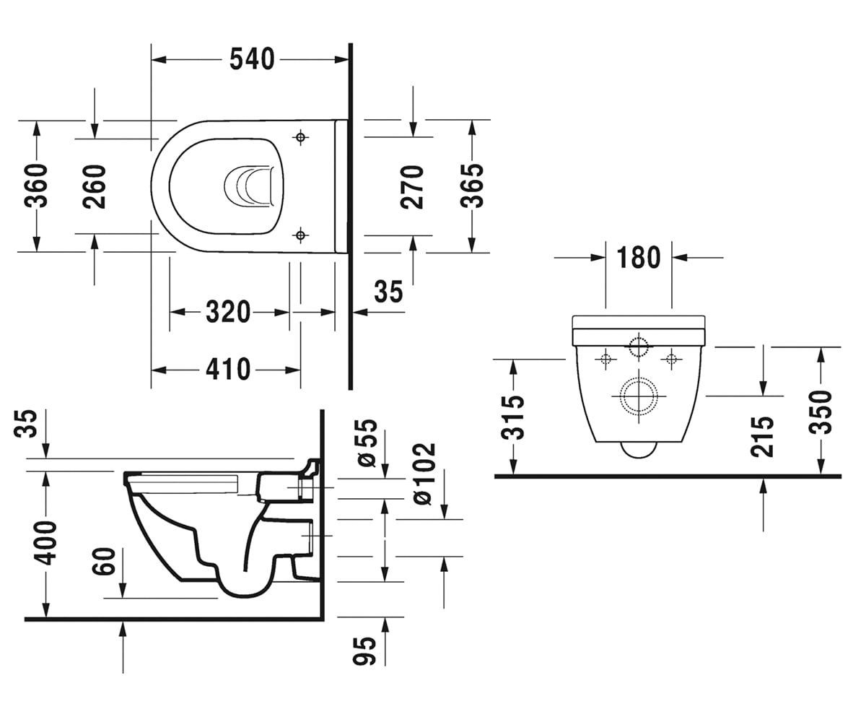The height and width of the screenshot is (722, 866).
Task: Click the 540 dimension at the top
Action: (x=252, y=59)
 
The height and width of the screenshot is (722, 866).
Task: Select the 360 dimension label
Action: (x=36, y=186)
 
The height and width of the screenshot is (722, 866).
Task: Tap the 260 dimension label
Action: (x=94, y=186)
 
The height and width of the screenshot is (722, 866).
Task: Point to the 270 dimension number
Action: (x=412, y=187)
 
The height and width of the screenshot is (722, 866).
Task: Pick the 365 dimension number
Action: (x=472, y=186)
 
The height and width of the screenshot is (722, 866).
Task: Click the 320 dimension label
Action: (x=228, y=312)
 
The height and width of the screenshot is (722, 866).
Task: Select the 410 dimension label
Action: (x=228, y=369)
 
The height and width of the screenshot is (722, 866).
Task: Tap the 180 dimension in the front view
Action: (x=639, y=257)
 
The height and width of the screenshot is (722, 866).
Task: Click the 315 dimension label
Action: (x=513, y=418)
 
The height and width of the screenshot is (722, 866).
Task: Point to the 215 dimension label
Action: (x=762, y=437)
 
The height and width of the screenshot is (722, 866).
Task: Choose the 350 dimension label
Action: (x=821, y=412)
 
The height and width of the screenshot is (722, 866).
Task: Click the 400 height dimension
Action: (x=45, y=543)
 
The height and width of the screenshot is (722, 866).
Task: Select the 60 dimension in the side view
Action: (x=104, y=562)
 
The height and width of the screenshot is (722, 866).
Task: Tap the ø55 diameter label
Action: (x=367, y=443)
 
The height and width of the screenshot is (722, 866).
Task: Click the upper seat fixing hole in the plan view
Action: (x=301, y=136)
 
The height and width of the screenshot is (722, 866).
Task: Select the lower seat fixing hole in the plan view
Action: (x=301, y=235)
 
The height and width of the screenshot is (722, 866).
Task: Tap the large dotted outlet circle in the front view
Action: (x=639, y=379)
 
